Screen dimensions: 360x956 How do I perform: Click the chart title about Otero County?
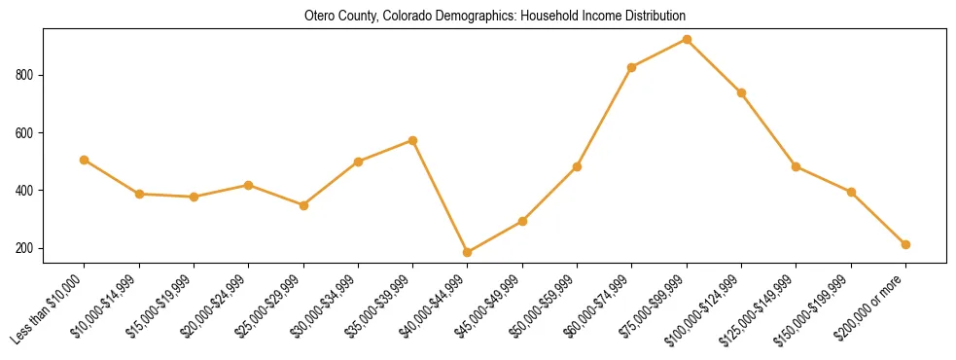pyautogui.click(x=494, y=16)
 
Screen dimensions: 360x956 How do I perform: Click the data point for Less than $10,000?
pyautogui.click(x=85, y=160)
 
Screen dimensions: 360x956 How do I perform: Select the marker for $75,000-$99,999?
pyautogui.click(x=687, y=39)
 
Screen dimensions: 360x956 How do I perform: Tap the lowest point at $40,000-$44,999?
pyautogui.click(x=468, y=252)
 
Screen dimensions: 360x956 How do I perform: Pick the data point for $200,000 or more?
pyautogui.click(x=905, y=244)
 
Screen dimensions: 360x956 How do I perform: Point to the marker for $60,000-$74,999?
pyautogui.click(x=632, y=67)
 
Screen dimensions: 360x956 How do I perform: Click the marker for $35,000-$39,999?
pyautogui.click(x=413, y=140)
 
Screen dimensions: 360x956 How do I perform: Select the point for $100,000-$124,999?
pyautogui.click(x=741, y=92)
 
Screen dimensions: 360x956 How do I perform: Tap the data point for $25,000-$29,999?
pyautogui.click(x=303, y=205)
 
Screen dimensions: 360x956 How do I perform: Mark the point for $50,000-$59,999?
pyautogui.click(x=578, y=166)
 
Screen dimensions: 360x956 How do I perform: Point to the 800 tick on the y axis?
pyautogui.click(x=26, y=75)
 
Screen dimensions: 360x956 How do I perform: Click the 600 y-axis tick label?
pyautogui.click(x=26, y=132)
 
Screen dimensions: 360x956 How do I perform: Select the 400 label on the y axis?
pyautogui.click(x=26, y=191)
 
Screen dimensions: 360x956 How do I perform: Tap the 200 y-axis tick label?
pyautogui.click(x=26, y=248)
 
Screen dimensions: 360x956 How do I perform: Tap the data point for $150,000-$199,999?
pyautogui.click(x=851, y=192)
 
